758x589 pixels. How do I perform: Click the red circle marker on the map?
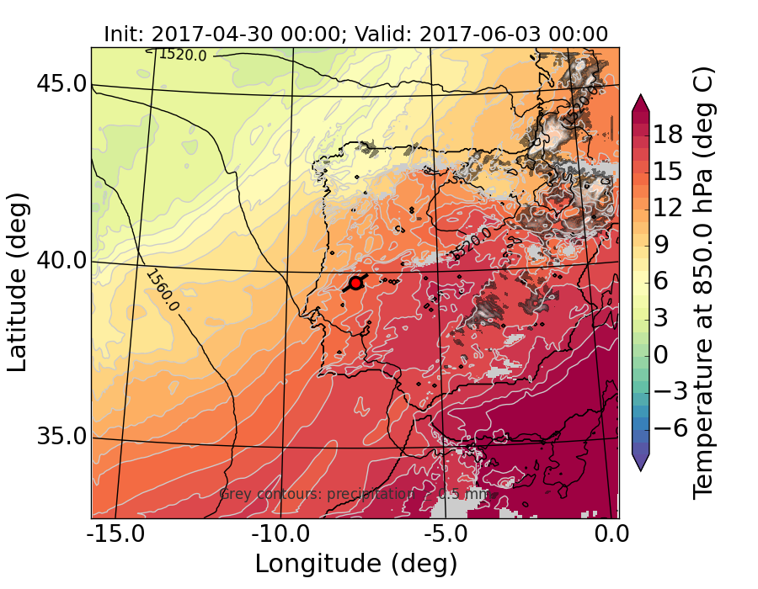point(355,284)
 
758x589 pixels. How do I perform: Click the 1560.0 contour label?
point(163,290)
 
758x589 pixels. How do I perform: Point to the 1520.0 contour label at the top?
point(182,55)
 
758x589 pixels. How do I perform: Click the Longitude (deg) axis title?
point(355,564)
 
